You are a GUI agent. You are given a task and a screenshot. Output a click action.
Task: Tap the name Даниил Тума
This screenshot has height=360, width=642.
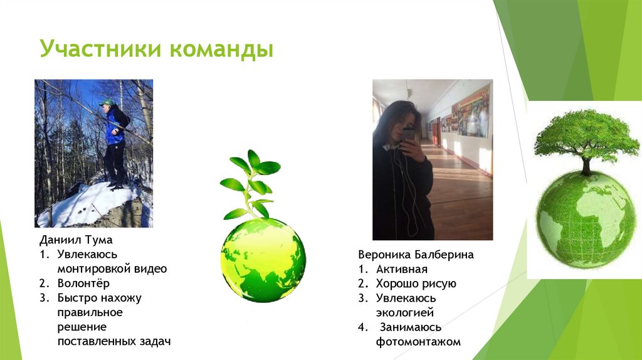pyautogui.click(x=76, y=240)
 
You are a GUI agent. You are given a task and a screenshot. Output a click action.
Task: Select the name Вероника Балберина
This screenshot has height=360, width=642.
pyautogui.click(x=416, y=255)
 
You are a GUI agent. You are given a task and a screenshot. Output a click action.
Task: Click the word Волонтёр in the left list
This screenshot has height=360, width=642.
pyautogui.click(x=83, y=283)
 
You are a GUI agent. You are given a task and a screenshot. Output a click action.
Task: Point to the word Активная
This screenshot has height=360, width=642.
pyautogui.click(x=402, y=269)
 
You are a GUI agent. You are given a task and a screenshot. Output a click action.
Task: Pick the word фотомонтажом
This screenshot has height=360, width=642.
pyautogui.click(x=418, y=342)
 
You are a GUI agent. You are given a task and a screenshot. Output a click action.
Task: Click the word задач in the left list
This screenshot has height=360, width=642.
pyautogui.click(x=155, y=341)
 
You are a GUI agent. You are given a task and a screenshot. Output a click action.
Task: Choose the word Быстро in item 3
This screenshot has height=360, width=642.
pyautogui.click(x=73, y=298)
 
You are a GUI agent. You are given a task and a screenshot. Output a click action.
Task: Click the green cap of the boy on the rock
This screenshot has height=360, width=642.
pyautogui.click(x=108, y=102)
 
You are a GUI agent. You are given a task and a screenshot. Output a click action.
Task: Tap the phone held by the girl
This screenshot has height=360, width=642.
pyautogui.click(x=408, y=133)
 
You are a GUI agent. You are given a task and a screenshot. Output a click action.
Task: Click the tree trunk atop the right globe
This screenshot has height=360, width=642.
pyautogui.click(x=586, y=166)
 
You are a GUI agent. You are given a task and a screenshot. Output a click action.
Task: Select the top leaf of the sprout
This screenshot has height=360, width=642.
pyautogui.click(x=253, y=158)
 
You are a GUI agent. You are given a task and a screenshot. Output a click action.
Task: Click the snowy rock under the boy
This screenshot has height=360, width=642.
pyautogui.click(x=94, y=204)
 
